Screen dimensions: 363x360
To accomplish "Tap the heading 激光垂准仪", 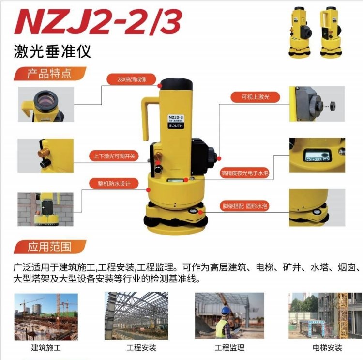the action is tap(52, 51).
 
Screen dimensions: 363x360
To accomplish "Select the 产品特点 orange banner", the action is tap(50, 74).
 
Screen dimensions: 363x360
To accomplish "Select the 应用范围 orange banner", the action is tap(50, 247).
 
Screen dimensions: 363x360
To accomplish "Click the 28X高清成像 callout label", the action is tap(132, 79).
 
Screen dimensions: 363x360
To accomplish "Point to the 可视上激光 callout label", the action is tap(255, 97).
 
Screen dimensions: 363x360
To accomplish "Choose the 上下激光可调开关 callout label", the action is tap(114, 156).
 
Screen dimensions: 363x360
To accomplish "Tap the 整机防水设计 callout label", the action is tap(114, 184).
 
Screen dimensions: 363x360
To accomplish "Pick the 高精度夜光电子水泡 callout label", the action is tap(244, 173).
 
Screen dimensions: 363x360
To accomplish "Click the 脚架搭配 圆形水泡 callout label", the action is tap(244, 206).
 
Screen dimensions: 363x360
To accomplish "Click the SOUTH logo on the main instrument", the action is tap(176, 125).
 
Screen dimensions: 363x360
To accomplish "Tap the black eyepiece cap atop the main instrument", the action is tap(176, 84).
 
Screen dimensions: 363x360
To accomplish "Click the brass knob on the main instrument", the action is tap(159, 156).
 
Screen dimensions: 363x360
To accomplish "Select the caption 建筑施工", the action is tap(46, 348).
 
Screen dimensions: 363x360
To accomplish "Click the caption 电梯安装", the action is tap(327, 348).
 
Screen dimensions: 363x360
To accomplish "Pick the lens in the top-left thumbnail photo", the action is tap(45, 101).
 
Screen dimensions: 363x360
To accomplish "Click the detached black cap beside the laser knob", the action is tap(333, 106).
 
